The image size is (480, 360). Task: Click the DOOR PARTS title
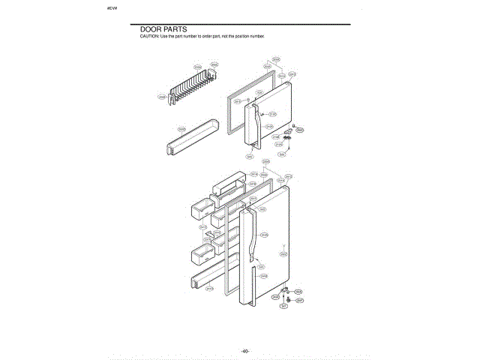[163, 29]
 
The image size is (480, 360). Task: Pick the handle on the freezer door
[253, 124]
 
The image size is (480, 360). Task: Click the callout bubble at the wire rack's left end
[161, 97]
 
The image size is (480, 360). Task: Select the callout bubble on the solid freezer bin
[181, 129]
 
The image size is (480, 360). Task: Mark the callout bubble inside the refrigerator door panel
[283, 254]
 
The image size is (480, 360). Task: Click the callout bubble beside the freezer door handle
[272, 114]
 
